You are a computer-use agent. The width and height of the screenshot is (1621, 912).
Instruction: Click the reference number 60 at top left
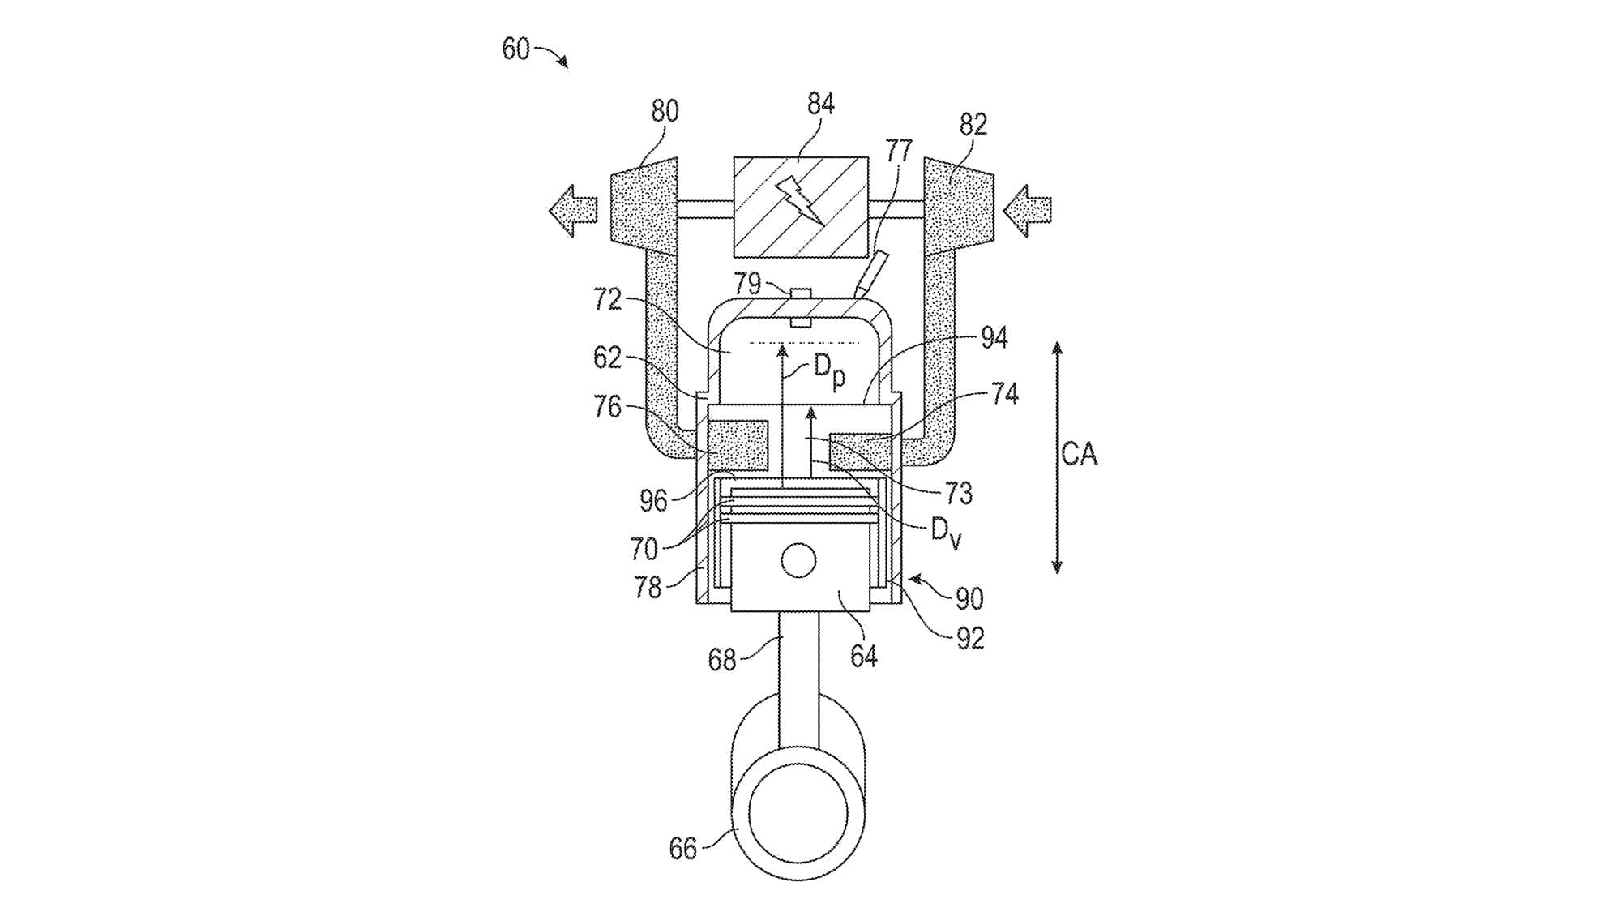[515, 49]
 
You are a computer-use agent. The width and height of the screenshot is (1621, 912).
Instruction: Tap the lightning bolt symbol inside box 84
[800, 199]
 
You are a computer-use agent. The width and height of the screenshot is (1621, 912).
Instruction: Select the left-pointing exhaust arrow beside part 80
[573, 211]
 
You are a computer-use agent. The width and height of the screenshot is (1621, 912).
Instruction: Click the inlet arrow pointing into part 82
[1027, 211]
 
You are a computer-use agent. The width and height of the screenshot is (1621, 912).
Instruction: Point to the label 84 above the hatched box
[820, 104]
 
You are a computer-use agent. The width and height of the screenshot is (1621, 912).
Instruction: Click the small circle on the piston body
[798, 560]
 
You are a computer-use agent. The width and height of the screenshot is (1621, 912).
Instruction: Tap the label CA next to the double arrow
[1079, 454]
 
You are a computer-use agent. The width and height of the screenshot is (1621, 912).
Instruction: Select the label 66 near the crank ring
[682, 849]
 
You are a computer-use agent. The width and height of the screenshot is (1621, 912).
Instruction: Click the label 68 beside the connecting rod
[721, 660]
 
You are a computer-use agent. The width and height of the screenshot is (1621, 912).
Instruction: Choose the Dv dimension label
[945, 533]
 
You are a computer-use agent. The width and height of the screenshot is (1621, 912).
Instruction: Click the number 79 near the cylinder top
[747, 284]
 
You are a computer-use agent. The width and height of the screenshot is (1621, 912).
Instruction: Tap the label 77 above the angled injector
[898, 151]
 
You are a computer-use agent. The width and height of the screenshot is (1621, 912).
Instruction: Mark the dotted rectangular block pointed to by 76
[738, 444]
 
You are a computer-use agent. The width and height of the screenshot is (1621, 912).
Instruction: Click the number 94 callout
[994, 338]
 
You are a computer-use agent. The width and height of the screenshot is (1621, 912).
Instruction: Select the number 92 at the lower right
[969, 639]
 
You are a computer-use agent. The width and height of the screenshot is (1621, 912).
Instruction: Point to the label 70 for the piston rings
[644, 550]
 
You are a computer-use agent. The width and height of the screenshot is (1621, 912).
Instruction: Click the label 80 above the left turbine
[665, 111]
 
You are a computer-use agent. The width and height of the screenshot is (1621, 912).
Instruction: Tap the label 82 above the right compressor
[973, 124]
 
